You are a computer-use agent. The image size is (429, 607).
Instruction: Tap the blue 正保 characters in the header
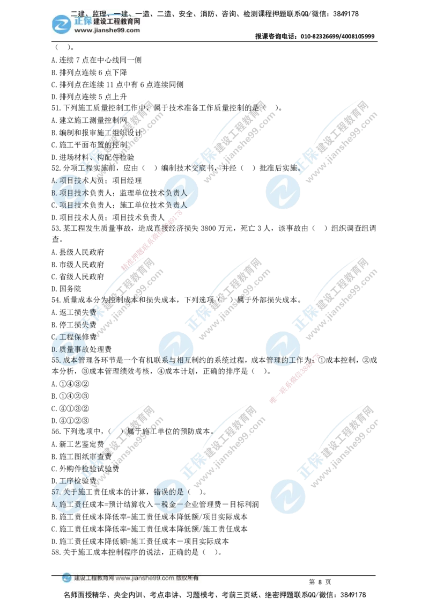click(x=82, y=21)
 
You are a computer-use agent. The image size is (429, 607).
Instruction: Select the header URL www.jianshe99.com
click(x=107, y=31)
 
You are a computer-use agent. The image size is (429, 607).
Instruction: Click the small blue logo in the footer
click(x=66, y=578)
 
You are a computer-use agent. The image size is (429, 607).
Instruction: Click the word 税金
click(x=168, y=504)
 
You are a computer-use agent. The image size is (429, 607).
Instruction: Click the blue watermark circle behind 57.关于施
click(x=69, y=496)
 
